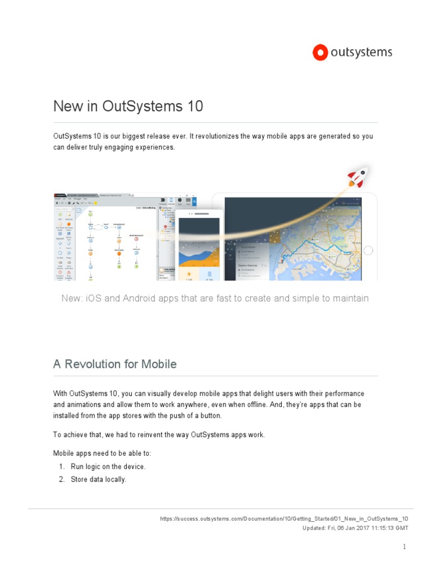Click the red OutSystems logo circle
pos(320,53)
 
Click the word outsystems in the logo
pos(361,53)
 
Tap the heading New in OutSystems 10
pos(128,107)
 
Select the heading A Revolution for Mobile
pos(115,364)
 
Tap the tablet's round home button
pos(368,250)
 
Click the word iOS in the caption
pos(92,298)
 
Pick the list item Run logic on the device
pos(108,466)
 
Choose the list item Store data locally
pos(98,479)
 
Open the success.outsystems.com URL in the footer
pos(284,519)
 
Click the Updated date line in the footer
pos(355,528)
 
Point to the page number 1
pos(404,547)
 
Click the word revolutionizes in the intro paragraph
pos(214,136)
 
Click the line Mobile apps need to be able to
pos(102,453)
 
